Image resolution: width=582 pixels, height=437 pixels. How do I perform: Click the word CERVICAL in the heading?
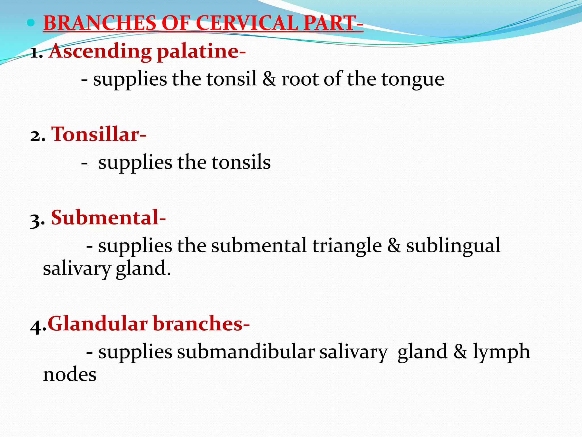coord(247,23)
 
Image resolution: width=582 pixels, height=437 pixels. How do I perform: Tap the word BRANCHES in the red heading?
coord(100,23)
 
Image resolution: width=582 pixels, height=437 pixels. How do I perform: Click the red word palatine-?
coord(201,51)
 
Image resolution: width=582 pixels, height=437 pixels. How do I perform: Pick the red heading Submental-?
coord(108,218)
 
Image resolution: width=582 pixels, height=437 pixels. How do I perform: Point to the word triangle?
coord(347,246)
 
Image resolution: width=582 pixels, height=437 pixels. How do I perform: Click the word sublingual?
coord(453,246)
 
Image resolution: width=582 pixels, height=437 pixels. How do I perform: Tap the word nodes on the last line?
coord(70,374)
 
